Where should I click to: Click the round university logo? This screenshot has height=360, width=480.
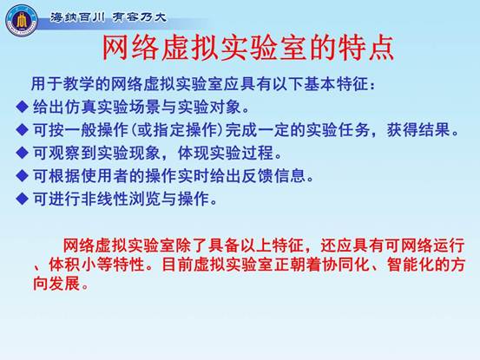(x=22, y=21)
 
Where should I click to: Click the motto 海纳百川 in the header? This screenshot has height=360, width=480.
(x=77, y=17)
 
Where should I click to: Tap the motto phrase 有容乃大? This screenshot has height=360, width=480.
(x=139, y=17)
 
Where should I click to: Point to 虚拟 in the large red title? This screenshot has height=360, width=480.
(x=190, y=48)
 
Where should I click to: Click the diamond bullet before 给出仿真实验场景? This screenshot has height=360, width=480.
(x=22, y=107)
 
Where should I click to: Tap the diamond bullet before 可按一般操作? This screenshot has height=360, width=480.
(x=22, y=129)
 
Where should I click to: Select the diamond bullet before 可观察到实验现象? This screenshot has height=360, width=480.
(x=22, y=153)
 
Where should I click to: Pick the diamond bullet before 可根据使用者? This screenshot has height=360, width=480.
(x=22, y=175)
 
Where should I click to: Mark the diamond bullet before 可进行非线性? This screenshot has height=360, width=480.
(x=22, y=199)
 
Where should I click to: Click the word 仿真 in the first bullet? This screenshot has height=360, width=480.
(x=81, y=107)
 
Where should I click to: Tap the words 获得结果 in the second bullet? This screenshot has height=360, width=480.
(x=418, y=129)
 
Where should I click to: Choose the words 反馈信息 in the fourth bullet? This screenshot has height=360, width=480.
(x=274, y=175)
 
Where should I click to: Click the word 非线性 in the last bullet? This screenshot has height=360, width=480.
(x=105, y=199)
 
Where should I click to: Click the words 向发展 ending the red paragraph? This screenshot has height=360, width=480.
(x=56, y=284)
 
